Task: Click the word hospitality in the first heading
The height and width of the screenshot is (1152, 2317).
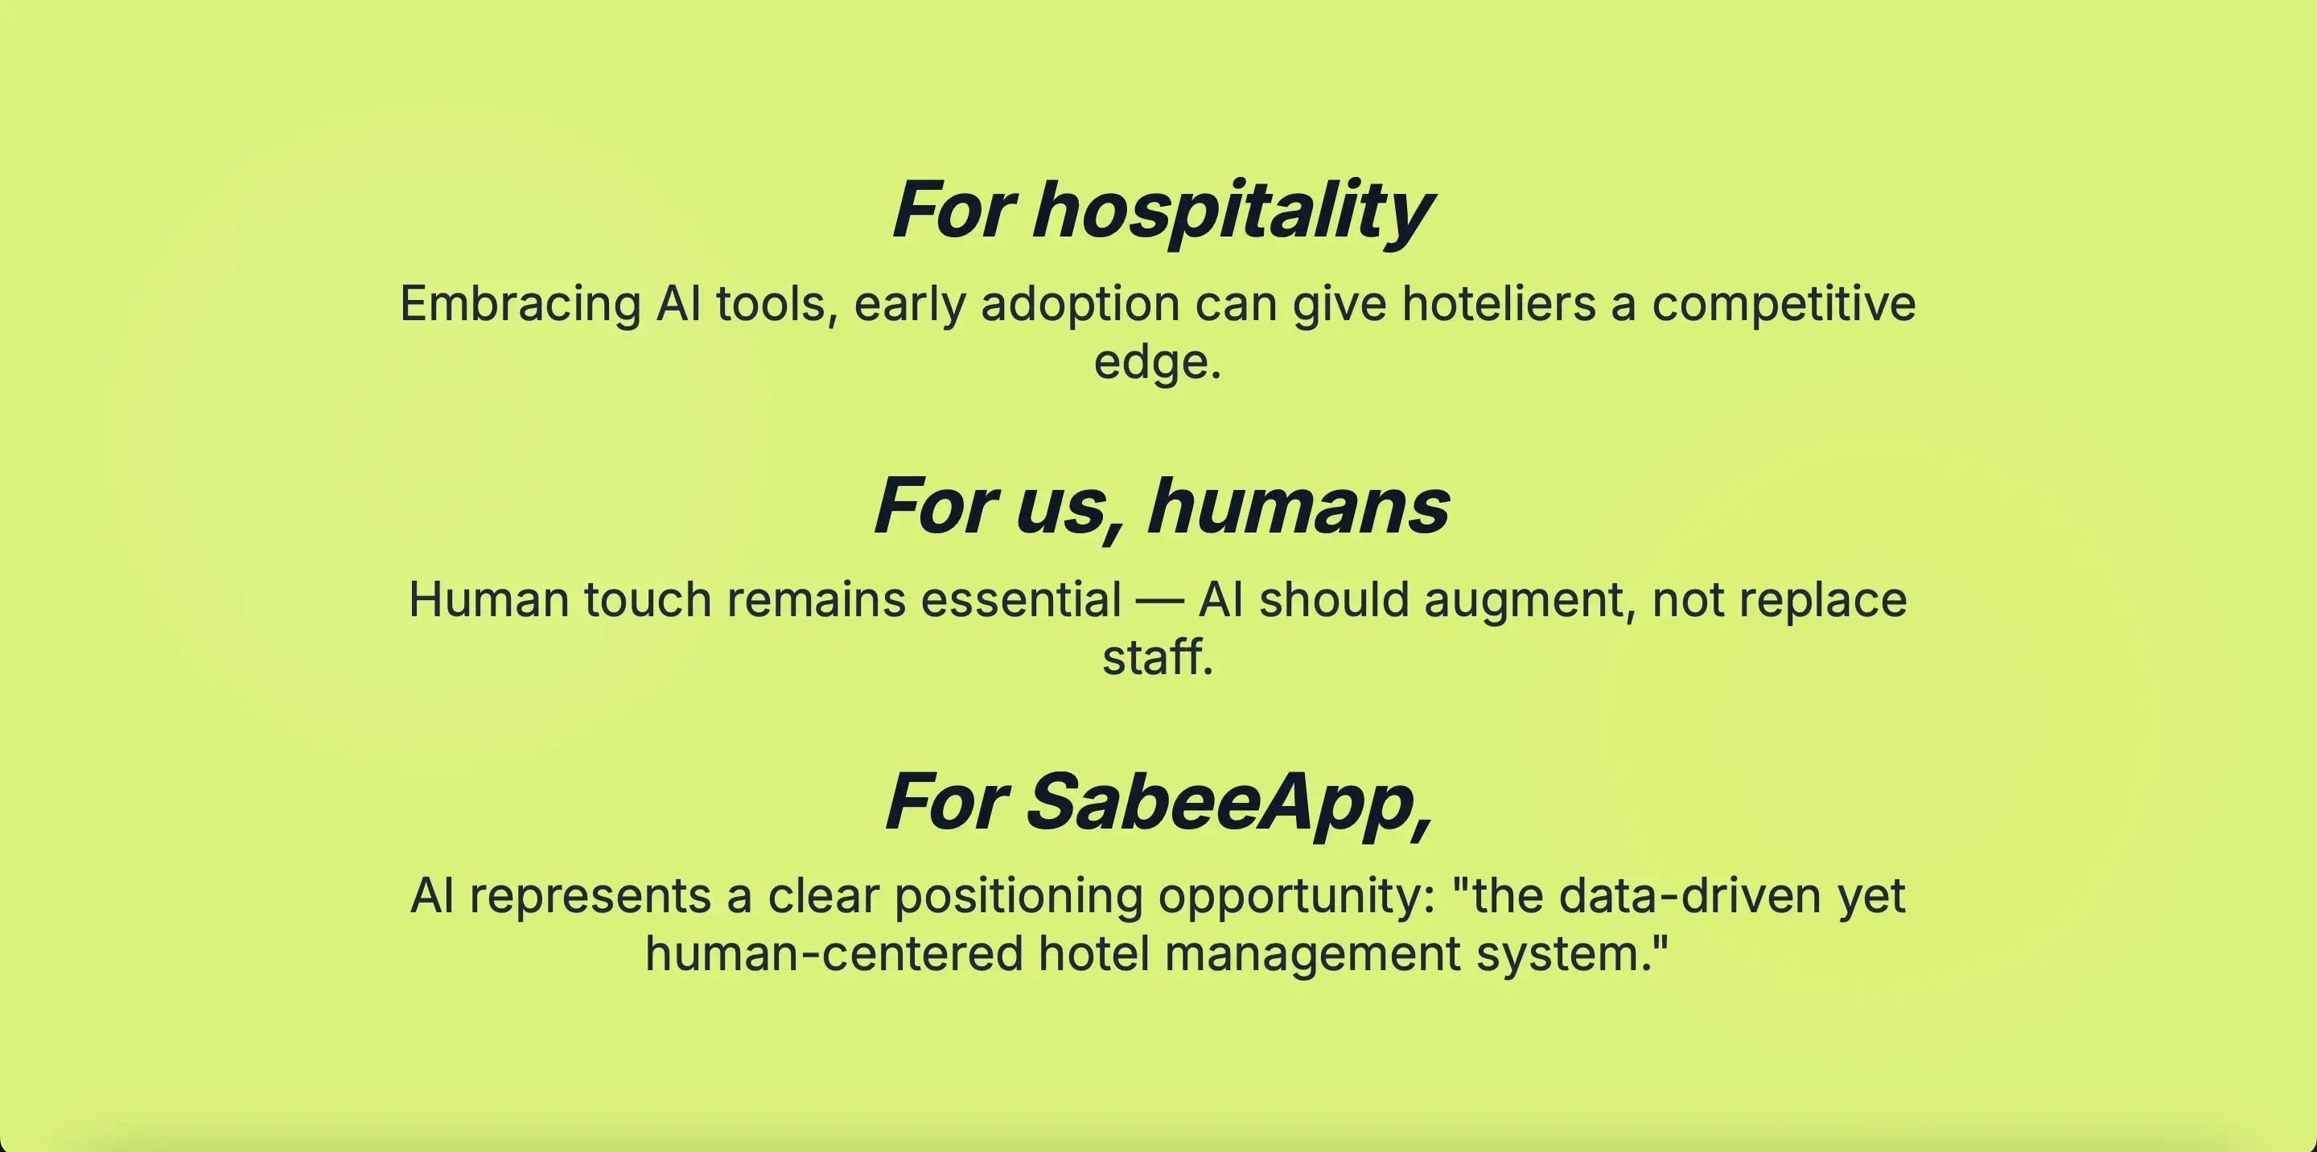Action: point(1232,211)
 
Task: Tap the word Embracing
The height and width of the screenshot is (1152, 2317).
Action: point(520,305)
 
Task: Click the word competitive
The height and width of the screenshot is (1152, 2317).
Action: point(1784,305)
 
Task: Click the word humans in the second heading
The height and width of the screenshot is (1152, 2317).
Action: point(1298,506)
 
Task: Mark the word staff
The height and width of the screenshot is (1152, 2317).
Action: point(1158,657)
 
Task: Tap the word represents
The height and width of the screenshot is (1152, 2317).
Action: point(590,898)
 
